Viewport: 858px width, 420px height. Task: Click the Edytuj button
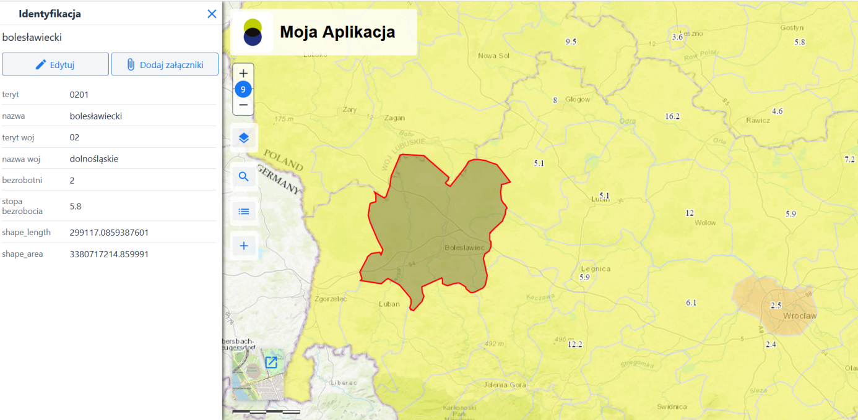(x=55, y=64)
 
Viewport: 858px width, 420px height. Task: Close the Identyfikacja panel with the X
(x=212, y=14)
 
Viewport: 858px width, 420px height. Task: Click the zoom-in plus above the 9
(x=243, y=74)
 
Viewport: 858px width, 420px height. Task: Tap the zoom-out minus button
(x=243, y=105)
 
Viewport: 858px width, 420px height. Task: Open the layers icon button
(x=243, y=138)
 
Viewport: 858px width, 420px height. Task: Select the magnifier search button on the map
(x=243, y=177)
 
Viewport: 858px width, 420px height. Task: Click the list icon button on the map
(x=243, y=212)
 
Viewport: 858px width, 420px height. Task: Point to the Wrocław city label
(x=800, y=316)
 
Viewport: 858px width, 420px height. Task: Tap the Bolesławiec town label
(x=468, y=247)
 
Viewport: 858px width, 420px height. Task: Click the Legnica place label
(x=596, y=268)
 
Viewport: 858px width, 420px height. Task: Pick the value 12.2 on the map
(x=575, y=344)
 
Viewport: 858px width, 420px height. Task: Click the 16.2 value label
(x=672, y=116)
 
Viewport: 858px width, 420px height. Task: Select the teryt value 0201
(x=79, y=95)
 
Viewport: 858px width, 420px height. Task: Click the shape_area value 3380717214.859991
(x=109, y=254)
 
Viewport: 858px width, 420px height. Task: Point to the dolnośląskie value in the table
(x=94, y=159)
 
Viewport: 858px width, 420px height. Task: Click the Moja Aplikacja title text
(x=337, y=32)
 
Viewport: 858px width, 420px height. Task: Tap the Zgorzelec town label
(x=331, y=299)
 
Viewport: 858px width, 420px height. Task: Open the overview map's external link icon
(x=271, y=362)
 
